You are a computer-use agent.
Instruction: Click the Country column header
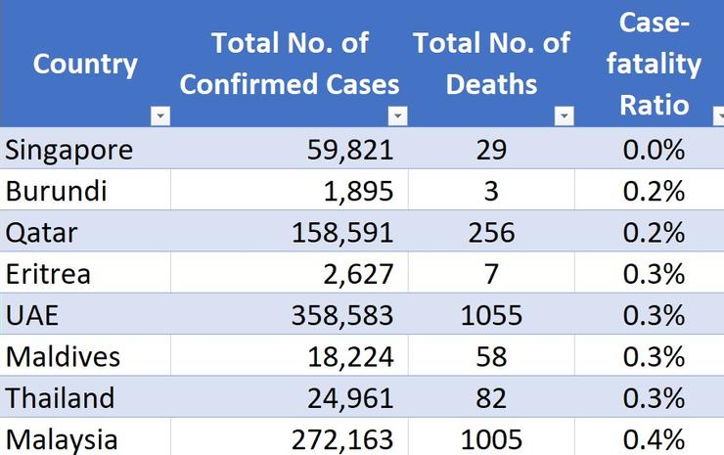click(x=85, y=65)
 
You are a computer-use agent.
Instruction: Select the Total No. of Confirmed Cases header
click(x=290, y=64)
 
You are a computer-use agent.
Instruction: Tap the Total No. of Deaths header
click(x=491, y=64)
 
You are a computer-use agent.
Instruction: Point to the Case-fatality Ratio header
click(x=660, y=64)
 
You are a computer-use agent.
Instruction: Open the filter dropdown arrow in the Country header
click(x=160, y=116)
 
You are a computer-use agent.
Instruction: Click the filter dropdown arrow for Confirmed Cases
click(x=397, y=116)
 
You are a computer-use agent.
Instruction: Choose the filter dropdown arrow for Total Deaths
click(x=564, y=116)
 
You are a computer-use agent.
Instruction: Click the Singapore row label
click(x=68, y=150)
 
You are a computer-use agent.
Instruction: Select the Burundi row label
click(x=56, y=191)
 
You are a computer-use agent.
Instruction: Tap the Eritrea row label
click(x=48, y=274)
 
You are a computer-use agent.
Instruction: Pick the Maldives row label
click(x=63, y=356)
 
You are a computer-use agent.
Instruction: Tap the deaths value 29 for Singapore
click(x=491, y=150)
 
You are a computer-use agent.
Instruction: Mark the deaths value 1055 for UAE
click(x=491, y=315)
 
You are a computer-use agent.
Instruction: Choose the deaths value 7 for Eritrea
click(x=491, y=274)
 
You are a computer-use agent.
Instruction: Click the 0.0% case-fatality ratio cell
click(x=653, y=150)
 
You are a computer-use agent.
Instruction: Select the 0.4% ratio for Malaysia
click(x=653, y=439)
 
